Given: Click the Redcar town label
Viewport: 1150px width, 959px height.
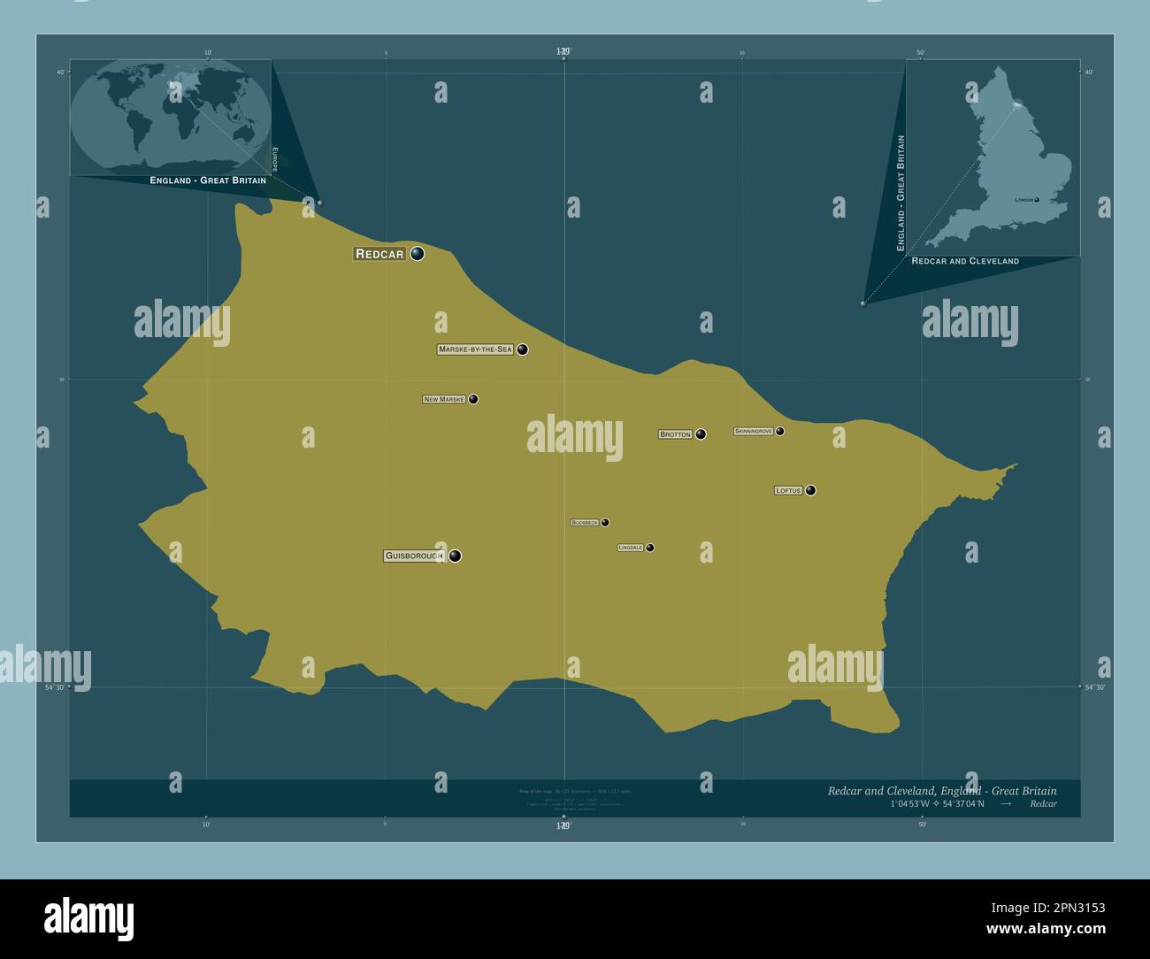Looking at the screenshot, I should (x=379, y=254).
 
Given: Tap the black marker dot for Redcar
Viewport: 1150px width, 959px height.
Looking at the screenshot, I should (x=417, y=254).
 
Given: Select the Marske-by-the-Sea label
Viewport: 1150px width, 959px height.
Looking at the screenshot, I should (x=475, y=349).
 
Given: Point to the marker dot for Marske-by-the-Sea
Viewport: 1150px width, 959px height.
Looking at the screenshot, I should (x=523, y=349).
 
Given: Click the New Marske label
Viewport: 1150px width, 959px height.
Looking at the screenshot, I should (x=444, y=400).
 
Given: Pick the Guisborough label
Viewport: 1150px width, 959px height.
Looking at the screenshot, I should (x=413, y=556).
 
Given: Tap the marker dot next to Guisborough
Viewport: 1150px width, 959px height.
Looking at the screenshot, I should (x=455, y=556).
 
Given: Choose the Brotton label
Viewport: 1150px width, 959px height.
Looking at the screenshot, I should (x=675, y=434).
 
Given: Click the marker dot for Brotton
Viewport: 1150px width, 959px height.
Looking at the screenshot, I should (x=701, y=434).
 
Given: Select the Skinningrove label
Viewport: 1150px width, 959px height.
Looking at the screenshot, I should (x=754, y=432).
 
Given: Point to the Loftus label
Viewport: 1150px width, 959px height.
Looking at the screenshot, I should (x=788, y=490).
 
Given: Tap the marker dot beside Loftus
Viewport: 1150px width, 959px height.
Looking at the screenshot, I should (x=810, y=490).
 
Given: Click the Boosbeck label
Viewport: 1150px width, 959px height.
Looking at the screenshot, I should (x=585, y=523).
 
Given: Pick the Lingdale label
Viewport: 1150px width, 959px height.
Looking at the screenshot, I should (x=630, y=549).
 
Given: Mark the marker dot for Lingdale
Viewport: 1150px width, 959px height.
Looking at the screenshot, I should (x=650, y=548).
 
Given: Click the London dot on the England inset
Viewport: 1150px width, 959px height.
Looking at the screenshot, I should (x=1036, y=200).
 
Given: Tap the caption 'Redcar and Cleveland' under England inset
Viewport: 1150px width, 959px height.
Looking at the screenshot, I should (x=965, y=261).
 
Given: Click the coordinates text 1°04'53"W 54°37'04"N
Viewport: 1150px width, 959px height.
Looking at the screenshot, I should (x=938, y=804).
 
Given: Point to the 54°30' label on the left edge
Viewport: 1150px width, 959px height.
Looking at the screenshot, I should (x=55, y=687).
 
